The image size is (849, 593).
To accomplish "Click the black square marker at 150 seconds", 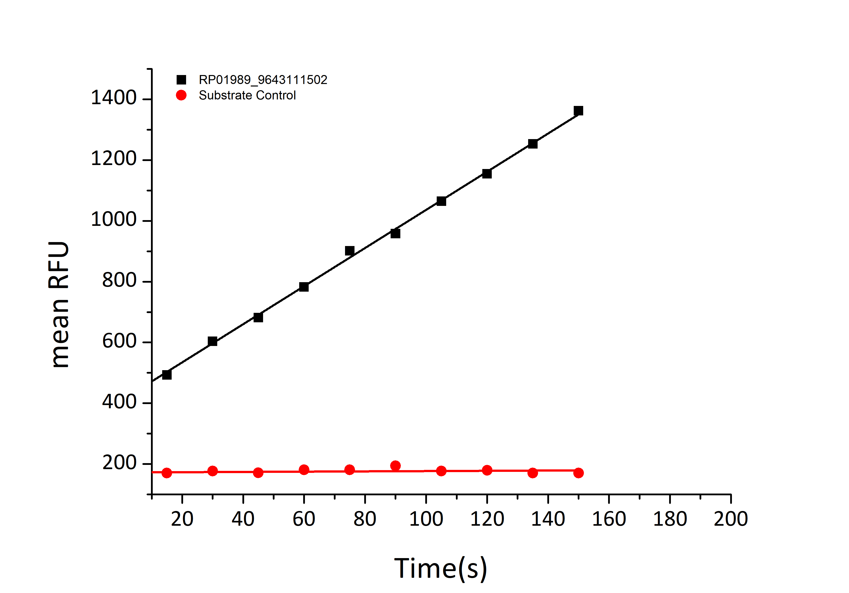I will point(578,111).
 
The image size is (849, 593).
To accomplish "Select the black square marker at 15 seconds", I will point(167,375).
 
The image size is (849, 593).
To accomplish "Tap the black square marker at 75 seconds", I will point(350,251).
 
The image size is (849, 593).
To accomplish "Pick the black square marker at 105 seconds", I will point(441,201).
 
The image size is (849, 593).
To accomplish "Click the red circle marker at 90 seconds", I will point(395,465).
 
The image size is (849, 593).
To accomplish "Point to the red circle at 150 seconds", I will point(578,473).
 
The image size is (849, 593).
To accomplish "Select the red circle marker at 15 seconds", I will point(167,473).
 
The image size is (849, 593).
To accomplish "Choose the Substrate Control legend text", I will point(247,95).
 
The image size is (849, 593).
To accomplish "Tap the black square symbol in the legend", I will point(181,80).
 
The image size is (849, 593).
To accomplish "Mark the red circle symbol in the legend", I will point(181,95).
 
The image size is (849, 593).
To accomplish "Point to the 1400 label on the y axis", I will point(114,98).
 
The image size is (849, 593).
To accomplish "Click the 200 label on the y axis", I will point(119,463).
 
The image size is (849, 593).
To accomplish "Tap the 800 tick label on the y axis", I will point(119,280).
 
